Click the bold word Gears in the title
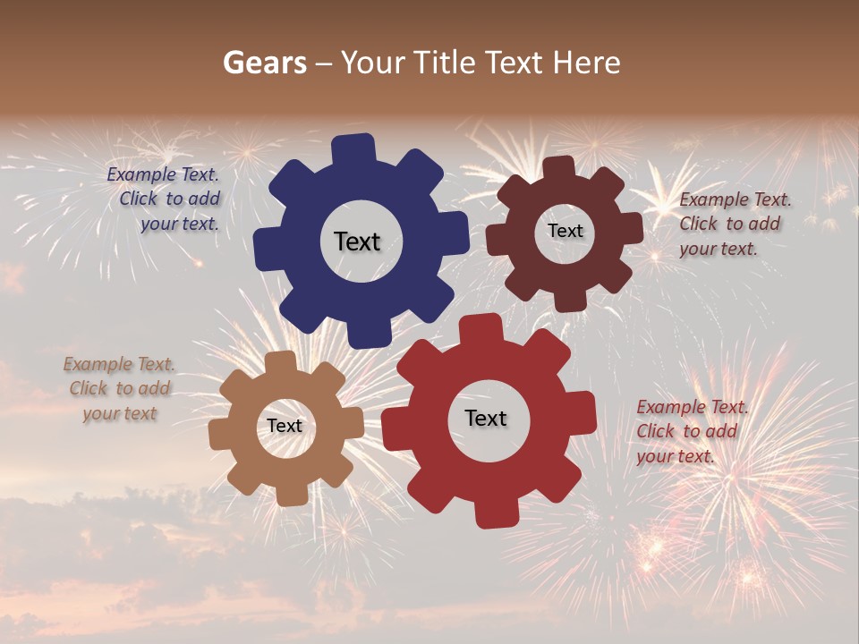pyautogui.click(x=263, y=63)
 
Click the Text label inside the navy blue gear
pyautogui.click(x=357, y=241)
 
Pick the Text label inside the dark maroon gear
pyautogui.click(x=565, y=231)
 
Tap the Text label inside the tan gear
pyautogui.click(x=285, y=426)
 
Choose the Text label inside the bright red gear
pyautogui.click(x=486, y=418)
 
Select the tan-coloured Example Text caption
pyautogui.click(x=119, y=388)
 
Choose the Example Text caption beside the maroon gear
pyautogui.click(x=734, y=224)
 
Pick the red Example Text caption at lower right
pyautogui.click(x=691, y=431)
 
